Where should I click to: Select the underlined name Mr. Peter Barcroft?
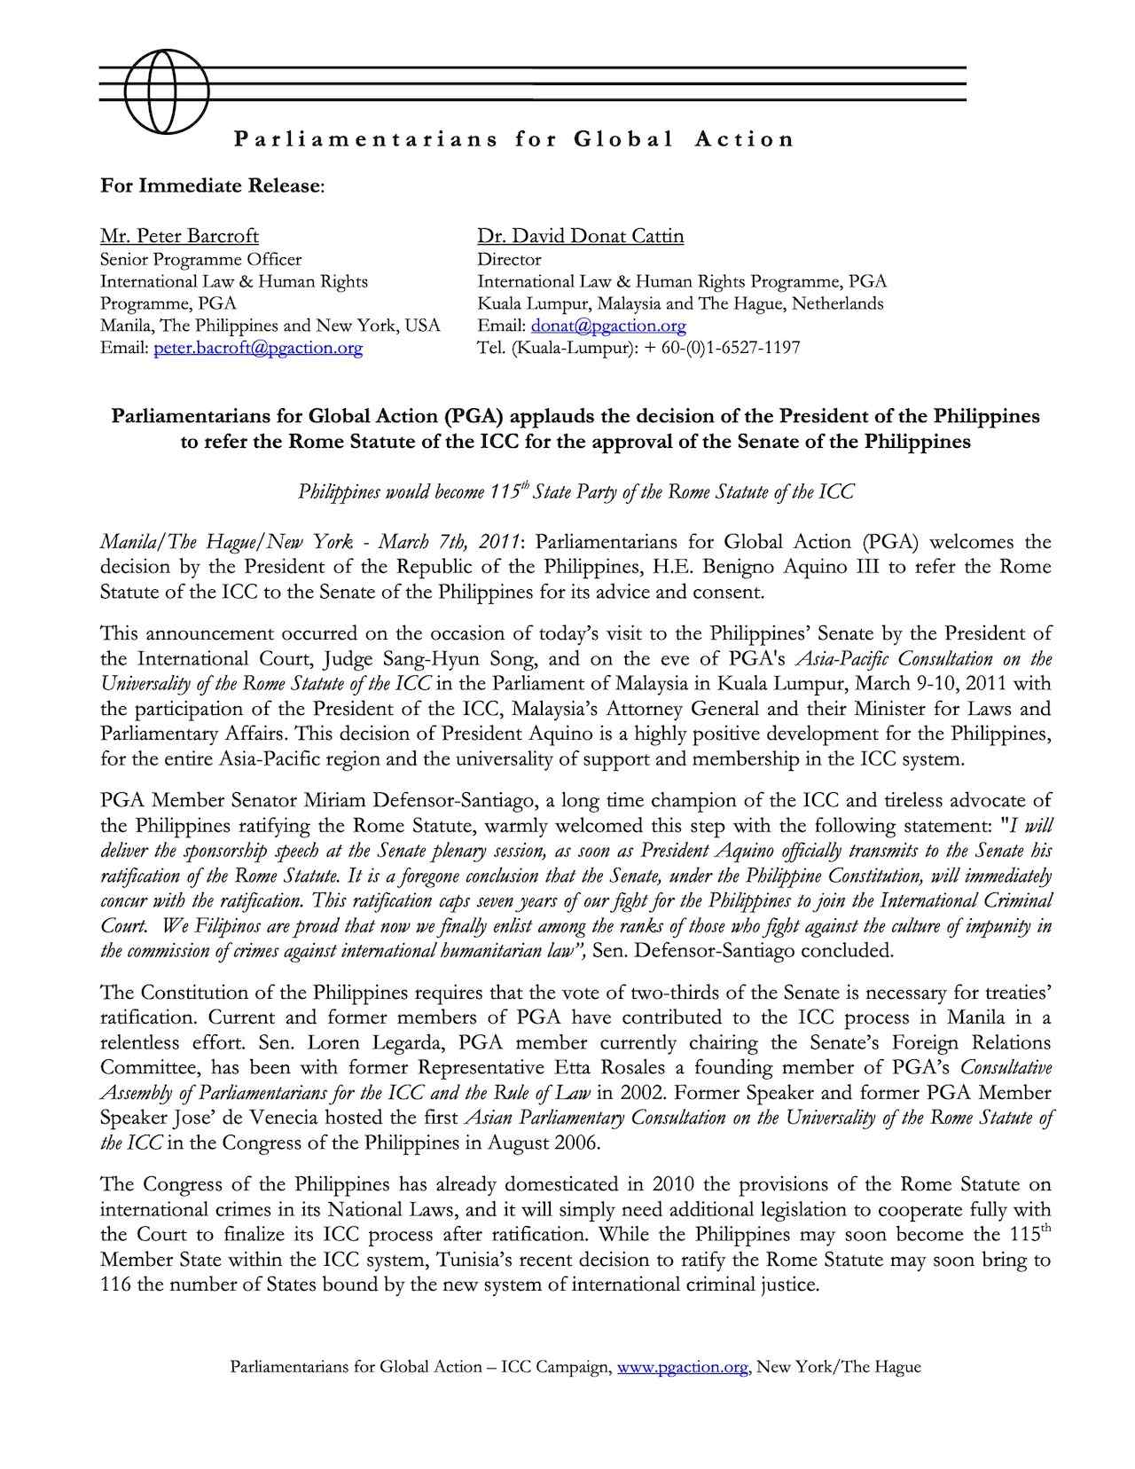[179, 236]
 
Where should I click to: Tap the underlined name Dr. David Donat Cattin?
[580, 236]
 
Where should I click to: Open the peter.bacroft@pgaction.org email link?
[258, 348]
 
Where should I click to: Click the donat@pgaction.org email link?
[608, 326]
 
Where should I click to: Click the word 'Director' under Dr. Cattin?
[509, 259]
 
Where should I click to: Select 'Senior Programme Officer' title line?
[200, 259]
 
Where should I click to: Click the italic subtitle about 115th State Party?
[575, 492]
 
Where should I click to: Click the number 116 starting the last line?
[115, 1284]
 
